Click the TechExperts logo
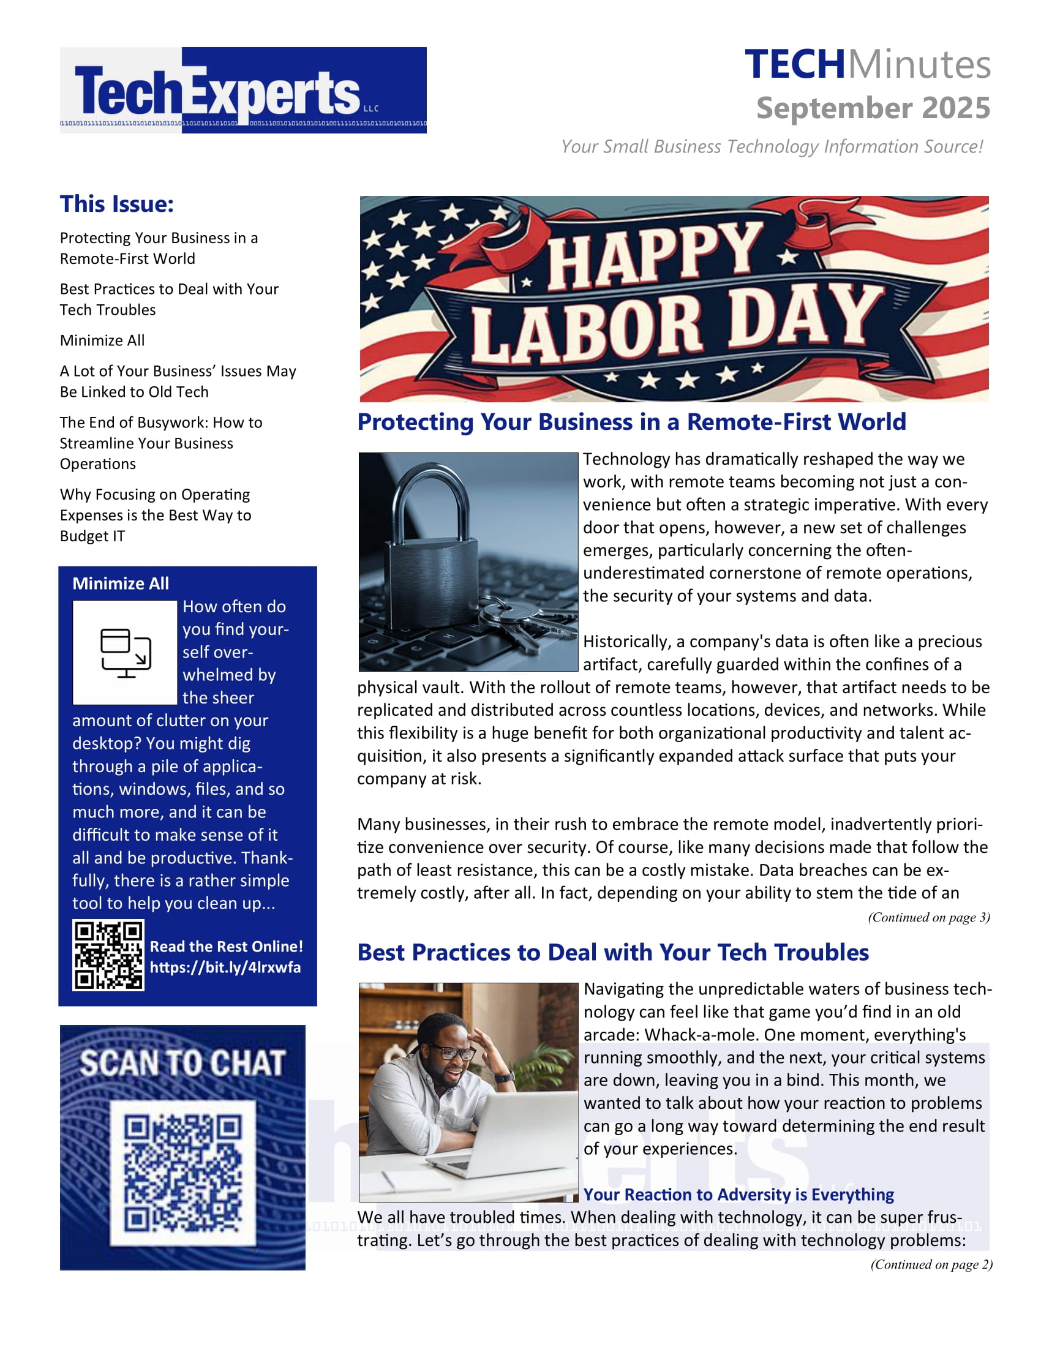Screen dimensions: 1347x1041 [242, 90]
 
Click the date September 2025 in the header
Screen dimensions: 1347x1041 [873, 108]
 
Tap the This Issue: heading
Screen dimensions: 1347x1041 [116, 204]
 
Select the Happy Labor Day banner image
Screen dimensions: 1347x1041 [674, 299]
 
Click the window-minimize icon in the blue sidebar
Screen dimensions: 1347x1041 [125, 653]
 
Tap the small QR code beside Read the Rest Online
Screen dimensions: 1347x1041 [108, 955]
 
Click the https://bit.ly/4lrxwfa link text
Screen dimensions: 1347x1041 [225, 967]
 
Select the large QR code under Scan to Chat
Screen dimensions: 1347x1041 [182, 1173]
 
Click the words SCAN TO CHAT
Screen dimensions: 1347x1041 [182, 1064]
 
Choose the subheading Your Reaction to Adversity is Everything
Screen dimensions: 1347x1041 [738, 1195]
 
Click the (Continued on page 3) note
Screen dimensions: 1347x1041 [928, 917]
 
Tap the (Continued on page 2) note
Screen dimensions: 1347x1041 [931, 1264]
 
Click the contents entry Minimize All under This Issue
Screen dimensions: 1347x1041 [102, 340]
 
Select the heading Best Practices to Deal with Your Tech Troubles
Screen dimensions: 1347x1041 [613, 952]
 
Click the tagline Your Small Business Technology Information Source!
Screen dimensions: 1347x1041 [772, 147]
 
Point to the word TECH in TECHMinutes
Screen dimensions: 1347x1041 [794, 64]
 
